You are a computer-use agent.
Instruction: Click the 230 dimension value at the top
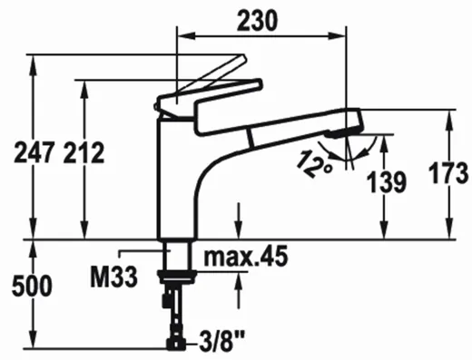(257, 20)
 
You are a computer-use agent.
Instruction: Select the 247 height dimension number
(34, 153)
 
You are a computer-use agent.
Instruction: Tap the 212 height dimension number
(84, 153)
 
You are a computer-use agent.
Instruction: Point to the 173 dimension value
(449, 173)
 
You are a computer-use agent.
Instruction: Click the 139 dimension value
(386, 182)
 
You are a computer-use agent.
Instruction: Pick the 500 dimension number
(32, 286)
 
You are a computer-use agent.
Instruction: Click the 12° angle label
(315, 164)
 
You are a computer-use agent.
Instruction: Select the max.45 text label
(246, 257)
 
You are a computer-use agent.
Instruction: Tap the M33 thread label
(114, 277)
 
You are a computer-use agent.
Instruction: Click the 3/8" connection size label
(221, 342)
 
